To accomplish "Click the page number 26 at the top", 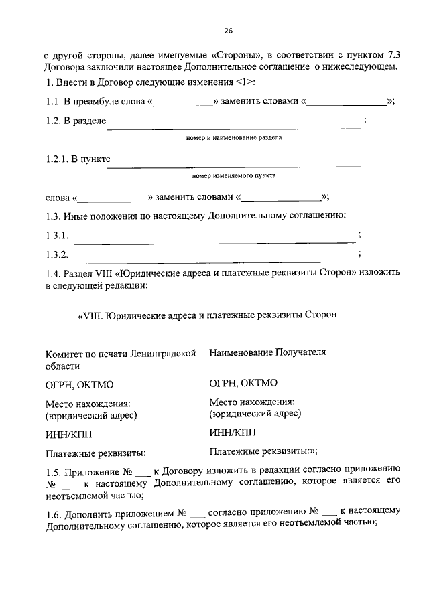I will (x=228, y=31).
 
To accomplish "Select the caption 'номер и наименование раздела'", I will (x=233, y=138).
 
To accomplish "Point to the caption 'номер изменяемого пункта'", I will (x=233, y=176).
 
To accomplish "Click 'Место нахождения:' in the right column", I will (x=251, y=402).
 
